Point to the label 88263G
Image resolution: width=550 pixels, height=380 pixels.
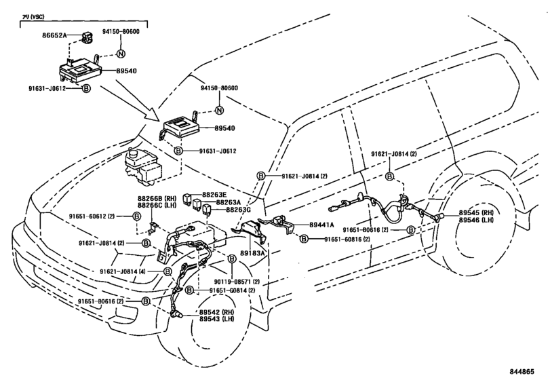238,210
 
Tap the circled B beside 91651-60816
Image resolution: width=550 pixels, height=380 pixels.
305,239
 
